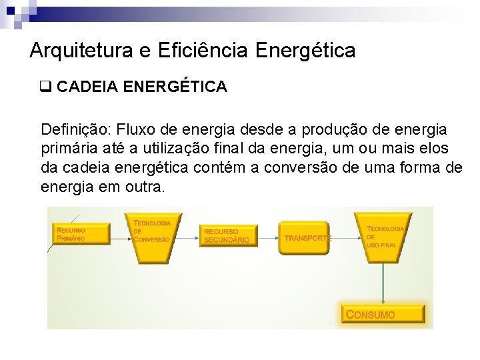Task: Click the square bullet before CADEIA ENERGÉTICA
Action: (x=47, y=87)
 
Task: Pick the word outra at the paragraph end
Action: (x=144, y=187)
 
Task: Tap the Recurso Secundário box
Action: (x=228, y=235)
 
